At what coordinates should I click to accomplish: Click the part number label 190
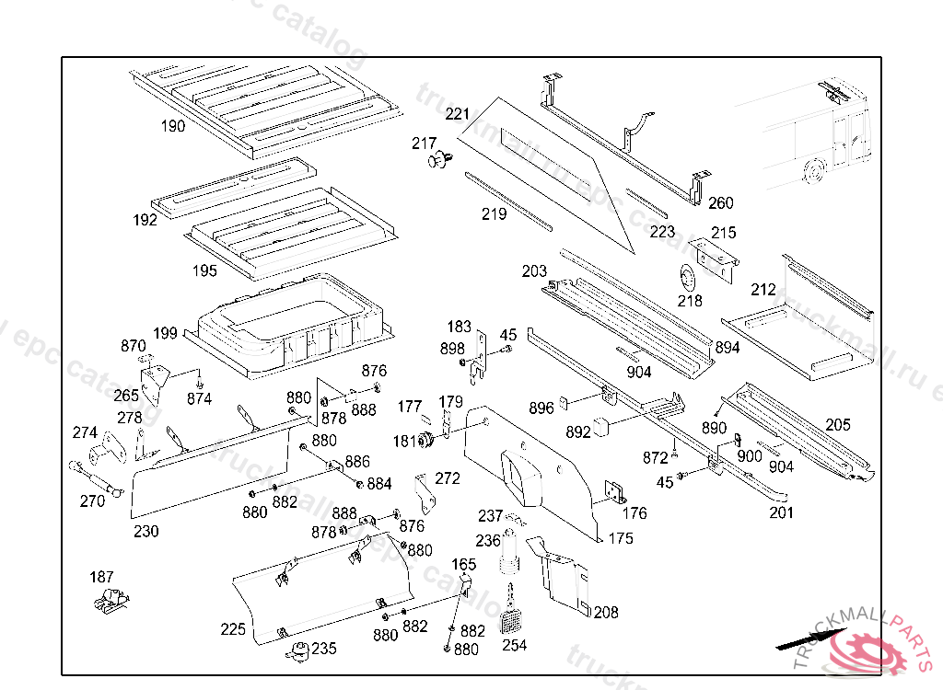(x=173, y=126)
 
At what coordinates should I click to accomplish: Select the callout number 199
(x=166, y=332)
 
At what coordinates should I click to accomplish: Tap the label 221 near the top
(x=458, y=115)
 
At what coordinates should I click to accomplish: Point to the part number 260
(x=721, y=203)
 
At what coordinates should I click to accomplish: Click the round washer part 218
(x=685, y=277)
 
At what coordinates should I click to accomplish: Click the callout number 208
(x=606, y=613)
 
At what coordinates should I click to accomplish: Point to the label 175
(x=621, y=538)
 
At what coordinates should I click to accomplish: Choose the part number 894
(x=728, y=348)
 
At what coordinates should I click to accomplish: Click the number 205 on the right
(x=838, y=425)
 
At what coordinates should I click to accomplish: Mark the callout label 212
(x=763, y=291)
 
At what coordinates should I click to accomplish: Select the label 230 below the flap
(x=146, y=531)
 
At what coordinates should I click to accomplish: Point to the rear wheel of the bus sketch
(x=813, y=171)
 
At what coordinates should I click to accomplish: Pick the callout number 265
(x=126, y=396)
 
